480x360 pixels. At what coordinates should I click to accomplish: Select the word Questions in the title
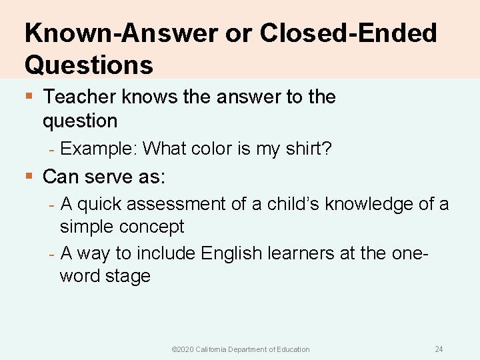pos(89,65)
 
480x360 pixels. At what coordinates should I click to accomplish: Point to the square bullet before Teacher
pos(28,97)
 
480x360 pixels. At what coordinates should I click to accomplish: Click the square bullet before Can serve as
pos(28,177)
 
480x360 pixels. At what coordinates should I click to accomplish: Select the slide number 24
pos(439,349)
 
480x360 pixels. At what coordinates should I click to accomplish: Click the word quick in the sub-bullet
pos(99,204)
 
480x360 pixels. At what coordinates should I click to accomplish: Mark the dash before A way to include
pos(52,253)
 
